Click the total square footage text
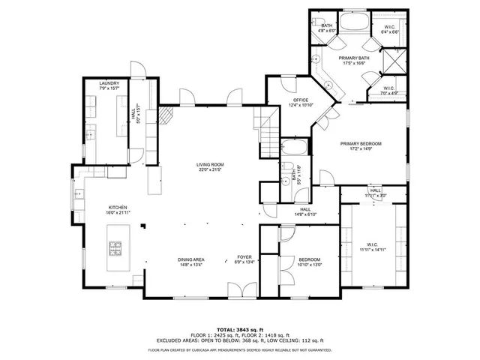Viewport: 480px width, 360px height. point(239,329)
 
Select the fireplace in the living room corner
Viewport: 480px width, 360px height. point(169,115)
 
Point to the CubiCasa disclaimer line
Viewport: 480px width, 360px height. point(239,349)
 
